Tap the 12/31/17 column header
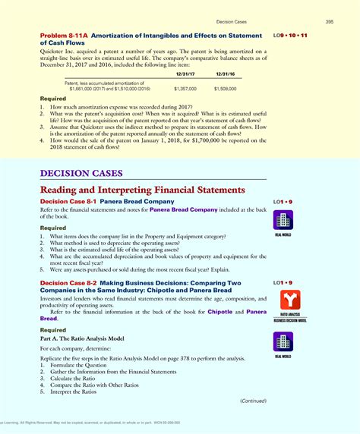(185, 74)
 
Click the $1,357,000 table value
(185, 89)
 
